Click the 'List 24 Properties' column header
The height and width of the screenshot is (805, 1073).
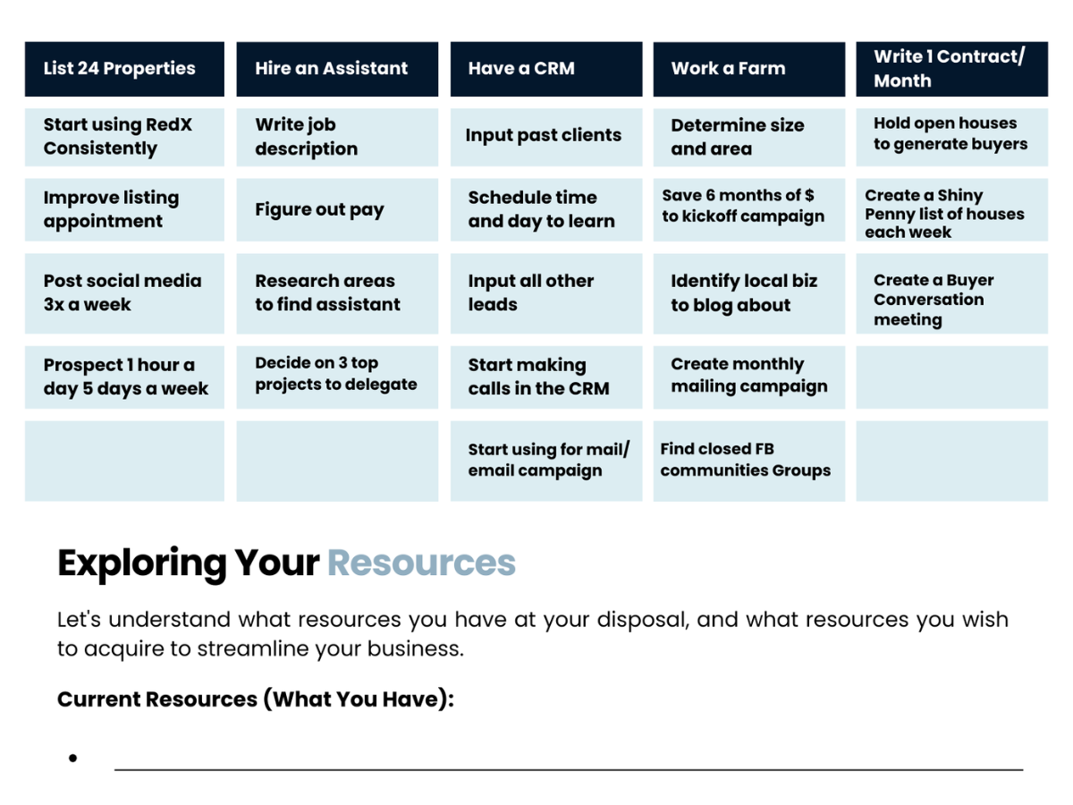[124, 69]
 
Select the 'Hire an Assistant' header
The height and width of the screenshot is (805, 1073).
[337, 69]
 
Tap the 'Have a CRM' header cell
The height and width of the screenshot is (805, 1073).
[545, 69]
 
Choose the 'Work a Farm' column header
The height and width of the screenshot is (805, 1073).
[748, 69]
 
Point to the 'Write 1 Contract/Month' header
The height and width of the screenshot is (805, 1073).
[951, 69]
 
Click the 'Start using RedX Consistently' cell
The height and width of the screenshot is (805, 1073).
[124, 137]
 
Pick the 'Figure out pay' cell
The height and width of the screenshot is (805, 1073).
[337, 210]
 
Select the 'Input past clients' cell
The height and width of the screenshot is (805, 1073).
[545, 136]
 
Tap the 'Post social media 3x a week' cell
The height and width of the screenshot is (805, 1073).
[124, 292]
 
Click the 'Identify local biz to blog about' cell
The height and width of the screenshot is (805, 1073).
[748, 292]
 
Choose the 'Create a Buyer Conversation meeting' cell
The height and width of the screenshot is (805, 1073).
[951, 300]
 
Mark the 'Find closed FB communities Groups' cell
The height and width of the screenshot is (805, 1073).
[748, 460]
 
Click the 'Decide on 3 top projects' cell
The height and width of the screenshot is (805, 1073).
[337, 374]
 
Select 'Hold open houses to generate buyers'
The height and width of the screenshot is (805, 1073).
[951, 134]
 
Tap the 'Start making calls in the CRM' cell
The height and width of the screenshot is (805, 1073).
[545, 377]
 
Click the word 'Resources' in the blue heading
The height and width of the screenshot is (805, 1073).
[421, 563]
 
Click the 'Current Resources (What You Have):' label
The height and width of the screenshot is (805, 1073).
[256, 699]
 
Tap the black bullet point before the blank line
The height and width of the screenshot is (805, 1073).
[72, 758]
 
